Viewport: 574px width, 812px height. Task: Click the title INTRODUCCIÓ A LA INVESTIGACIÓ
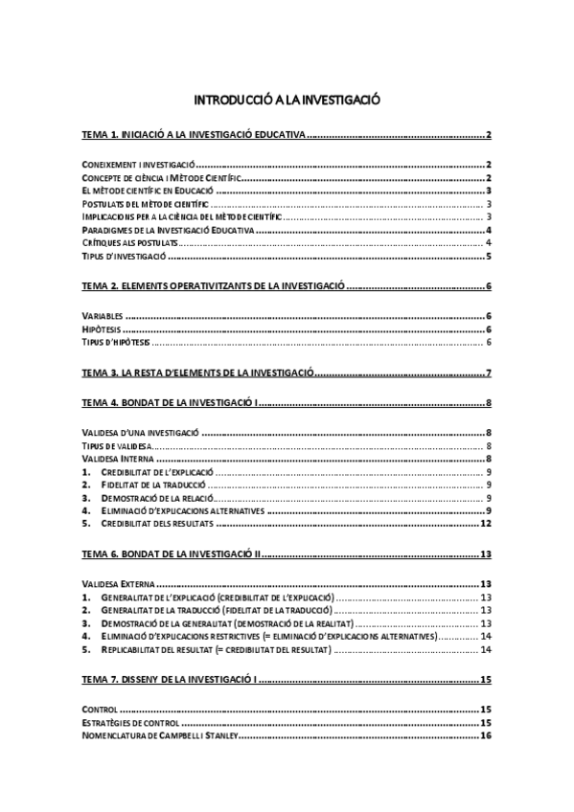tap(287, 100)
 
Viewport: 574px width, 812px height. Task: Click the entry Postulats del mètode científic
tap(145, 204)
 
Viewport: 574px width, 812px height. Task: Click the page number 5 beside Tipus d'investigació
tap(489, 257)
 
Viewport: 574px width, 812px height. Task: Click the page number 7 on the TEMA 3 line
tap(489, 372)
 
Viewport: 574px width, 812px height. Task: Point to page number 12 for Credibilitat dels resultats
tap(486, 524)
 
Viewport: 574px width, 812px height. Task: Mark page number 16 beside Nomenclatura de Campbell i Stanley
tap(486, 735)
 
